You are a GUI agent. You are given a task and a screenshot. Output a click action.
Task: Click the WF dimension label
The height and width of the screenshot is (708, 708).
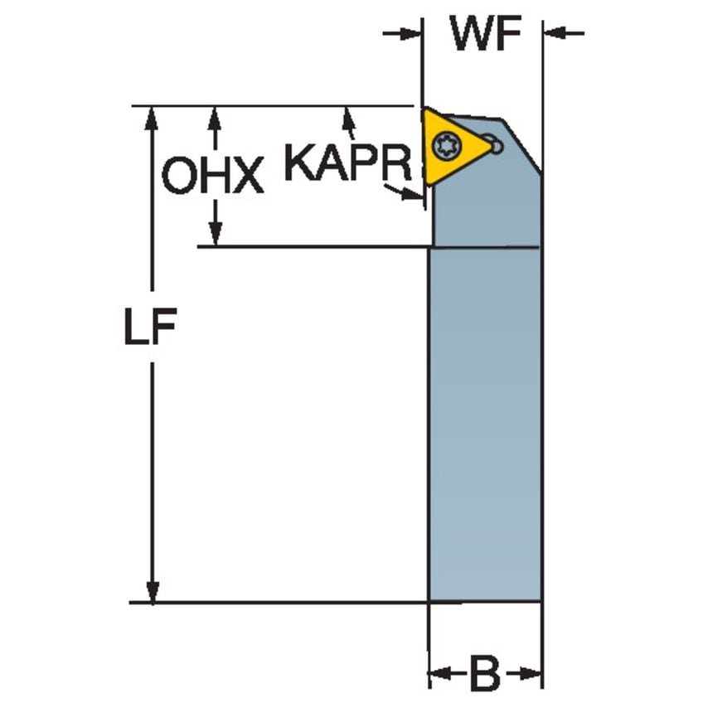tap(486, 33)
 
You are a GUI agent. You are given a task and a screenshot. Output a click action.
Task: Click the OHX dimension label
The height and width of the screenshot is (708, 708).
tap(213, 175)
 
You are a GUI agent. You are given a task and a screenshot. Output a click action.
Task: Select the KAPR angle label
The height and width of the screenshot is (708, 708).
tap(348, 162)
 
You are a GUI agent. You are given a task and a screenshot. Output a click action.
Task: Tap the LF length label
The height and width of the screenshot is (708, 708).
tap(150, 326)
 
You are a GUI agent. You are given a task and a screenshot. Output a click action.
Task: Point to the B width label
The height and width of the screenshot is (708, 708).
tap(485, 674)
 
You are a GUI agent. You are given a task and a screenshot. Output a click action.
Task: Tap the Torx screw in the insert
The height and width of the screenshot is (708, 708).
tap(444, 145)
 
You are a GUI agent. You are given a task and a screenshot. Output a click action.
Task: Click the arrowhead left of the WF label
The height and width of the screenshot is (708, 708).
tap(411, 33)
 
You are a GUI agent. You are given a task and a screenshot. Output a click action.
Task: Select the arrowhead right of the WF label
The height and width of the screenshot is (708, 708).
tap(555, 33)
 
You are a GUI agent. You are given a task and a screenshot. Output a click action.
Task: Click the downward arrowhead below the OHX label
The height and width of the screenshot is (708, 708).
tap(216, 235)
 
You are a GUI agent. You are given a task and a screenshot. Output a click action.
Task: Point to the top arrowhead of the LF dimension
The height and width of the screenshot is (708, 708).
tap(152, 119)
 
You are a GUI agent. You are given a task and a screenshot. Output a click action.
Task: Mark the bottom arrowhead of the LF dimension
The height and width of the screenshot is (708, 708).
tap(153, 591)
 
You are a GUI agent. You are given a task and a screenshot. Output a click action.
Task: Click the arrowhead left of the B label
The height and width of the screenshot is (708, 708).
tap(439, 674)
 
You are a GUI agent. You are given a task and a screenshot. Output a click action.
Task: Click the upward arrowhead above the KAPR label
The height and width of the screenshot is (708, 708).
tap(348, 118)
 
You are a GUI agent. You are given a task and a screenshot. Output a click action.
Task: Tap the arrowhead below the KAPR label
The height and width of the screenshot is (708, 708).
tap(413, 194)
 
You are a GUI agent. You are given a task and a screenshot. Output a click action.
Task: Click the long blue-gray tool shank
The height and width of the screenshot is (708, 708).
tap(484, 424)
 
